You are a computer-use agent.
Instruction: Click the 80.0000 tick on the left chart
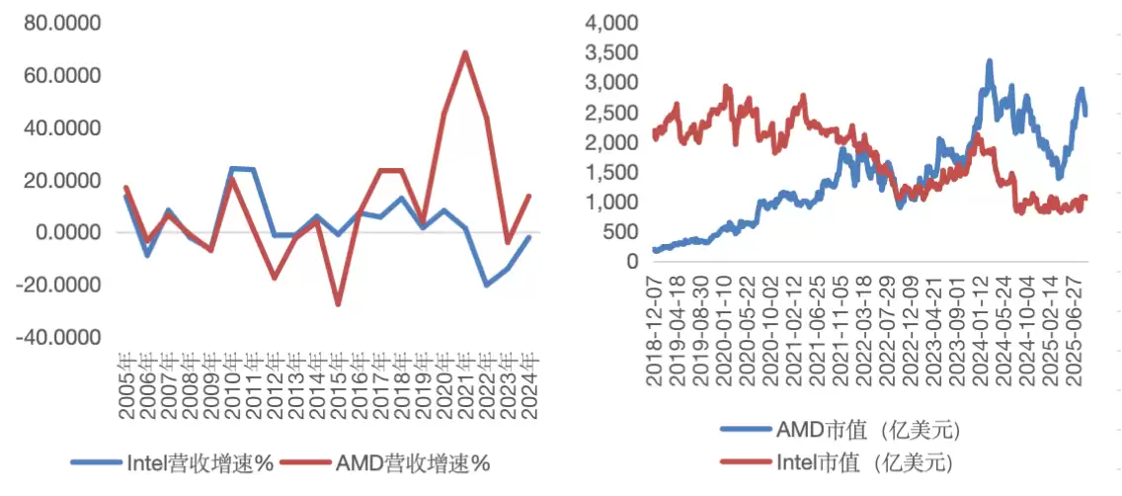[60, 23]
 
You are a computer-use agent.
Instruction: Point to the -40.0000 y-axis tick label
[58, 338]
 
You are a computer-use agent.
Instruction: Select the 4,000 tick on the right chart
[611, 23]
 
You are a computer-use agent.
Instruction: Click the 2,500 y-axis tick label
[611, 113]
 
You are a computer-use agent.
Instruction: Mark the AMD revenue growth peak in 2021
[464, 52]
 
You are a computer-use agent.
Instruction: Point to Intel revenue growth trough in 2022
[486, 285]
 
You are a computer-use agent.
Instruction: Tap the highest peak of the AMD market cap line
[989, 61]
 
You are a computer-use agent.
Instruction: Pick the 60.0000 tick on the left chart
[60, 76]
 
